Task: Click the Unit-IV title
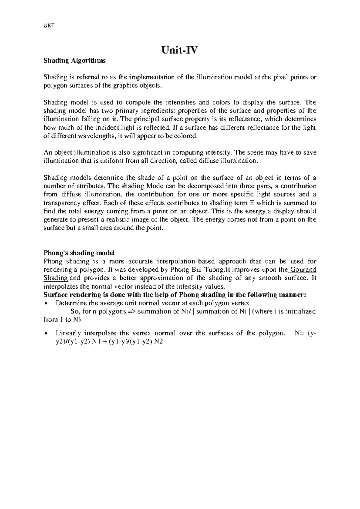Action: click(180, 50)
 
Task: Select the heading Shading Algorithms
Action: click(74, 61)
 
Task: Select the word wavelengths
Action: click(94, 136)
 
